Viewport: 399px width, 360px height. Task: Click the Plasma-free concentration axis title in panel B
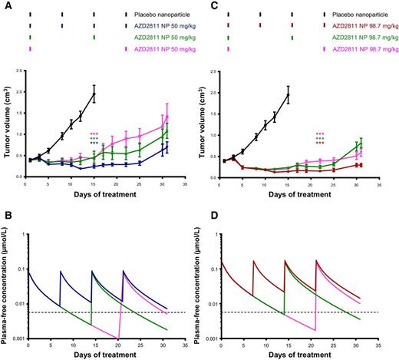tap(5, 285)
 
